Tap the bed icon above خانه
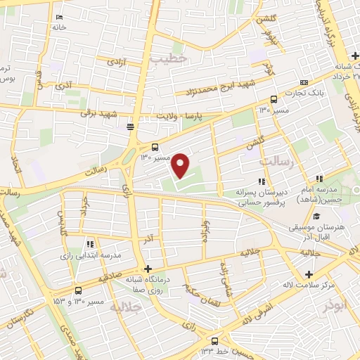58,15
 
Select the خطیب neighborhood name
169,60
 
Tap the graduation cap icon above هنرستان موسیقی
316,217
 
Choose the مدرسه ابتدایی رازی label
91,255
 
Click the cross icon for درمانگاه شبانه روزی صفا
148,269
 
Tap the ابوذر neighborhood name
336,306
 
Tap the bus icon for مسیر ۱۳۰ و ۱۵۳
77,290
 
